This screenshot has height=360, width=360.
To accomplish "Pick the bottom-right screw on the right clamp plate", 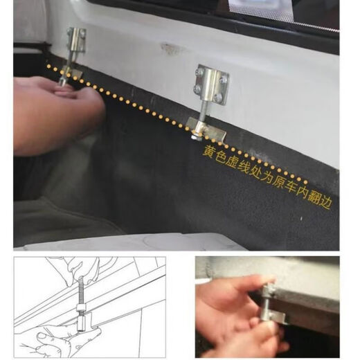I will [x=222, y=94].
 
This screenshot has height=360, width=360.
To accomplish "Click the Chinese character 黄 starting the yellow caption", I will [x=208, y=151].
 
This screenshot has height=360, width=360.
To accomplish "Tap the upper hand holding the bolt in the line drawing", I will [x=76, y=268].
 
